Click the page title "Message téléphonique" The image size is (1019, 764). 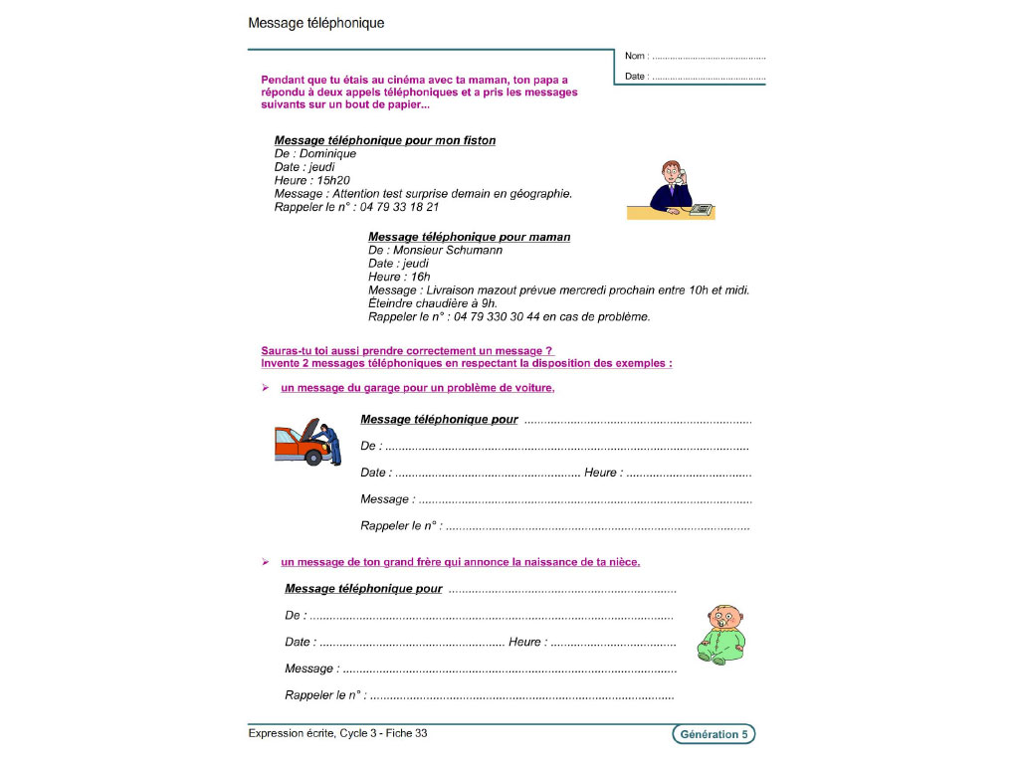[315, 23]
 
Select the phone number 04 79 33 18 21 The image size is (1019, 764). [399, 207]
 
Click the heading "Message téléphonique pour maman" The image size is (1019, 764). [469, 237]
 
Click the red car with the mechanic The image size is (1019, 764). [307, 442]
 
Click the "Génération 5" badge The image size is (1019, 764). [713, 734]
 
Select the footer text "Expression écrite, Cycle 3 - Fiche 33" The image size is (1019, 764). [337, 733]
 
